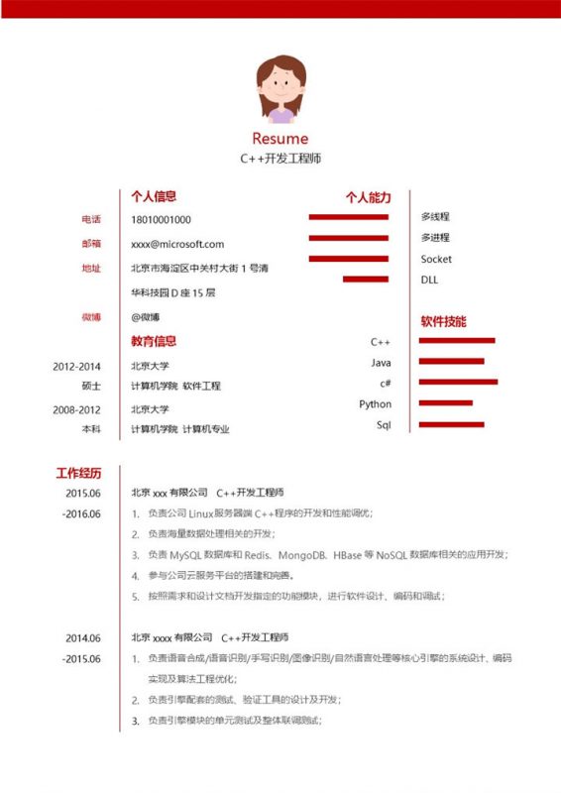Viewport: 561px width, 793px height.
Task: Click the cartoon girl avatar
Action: (x=280, y=89)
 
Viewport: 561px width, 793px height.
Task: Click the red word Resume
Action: (x=280, y=139)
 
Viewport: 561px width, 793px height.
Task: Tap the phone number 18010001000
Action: (x=161, y=219)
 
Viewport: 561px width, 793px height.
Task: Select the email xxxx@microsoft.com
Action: (x=177, y=244)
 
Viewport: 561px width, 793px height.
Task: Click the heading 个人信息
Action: (x=154, y=196)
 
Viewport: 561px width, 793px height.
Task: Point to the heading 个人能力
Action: (x=369, y=197)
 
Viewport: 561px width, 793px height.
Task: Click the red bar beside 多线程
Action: (x=348, y=217)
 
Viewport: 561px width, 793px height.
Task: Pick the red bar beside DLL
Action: (x=365, y=280)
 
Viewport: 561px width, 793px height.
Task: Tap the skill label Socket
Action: (x=436, y=259)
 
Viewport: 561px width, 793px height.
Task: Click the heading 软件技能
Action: (x=443, y=322)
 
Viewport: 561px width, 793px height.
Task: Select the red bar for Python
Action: (x=446, y=403)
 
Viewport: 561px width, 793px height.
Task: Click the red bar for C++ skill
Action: (x=457, y=341)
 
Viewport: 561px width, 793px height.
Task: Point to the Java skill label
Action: (x=382, y=363)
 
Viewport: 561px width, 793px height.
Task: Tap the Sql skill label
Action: (x=384, y=424)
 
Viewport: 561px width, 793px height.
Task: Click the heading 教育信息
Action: (x=154, y=342)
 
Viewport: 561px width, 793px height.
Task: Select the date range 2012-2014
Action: (x=77, y=366)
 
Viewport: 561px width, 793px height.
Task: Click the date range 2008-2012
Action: (x=77, y=409)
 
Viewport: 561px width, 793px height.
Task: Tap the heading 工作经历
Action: (x=78, y=472)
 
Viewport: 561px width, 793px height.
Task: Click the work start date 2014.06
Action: (x=83, y=637)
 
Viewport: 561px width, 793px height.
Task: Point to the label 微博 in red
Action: (x=91, y=317)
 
